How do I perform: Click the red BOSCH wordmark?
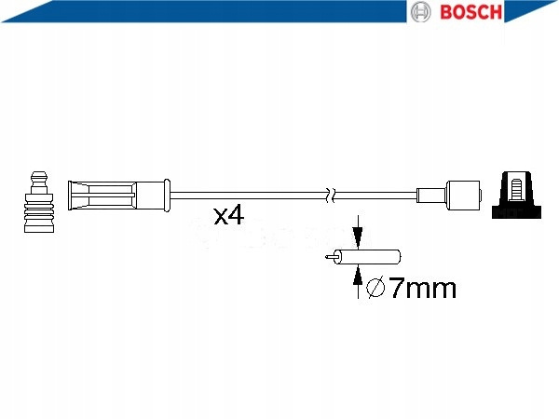click(x=470, y=12)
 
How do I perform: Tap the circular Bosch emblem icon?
click(x=420, y=12)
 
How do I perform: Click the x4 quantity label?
click(x=229, y=214)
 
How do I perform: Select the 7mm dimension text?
click(x=423, y=288)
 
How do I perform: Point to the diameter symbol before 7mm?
click(x=375, y=287)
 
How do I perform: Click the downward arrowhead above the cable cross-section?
click(x=358, y=237)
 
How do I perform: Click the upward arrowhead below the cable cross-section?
click(x=358, y=276)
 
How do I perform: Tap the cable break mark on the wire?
click(x=331, y=195)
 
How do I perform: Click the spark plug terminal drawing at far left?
click(x=39, y=202)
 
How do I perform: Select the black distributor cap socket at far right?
click(x=516, y=195)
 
